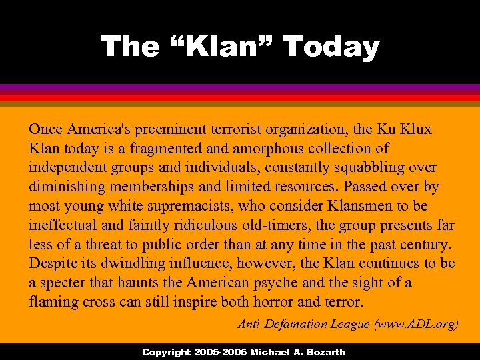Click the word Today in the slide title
(x=331, y=47)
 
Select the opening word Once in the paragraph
(x=46, y=129)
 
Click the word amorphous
(x=257, y=148)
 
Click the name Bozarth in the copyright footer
(x=323, y=352)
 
